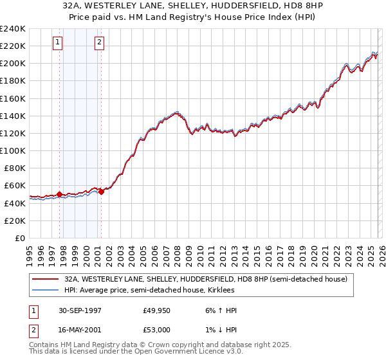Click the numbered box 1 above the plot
click(58, 43)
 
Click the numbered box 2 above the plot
click(100, 43)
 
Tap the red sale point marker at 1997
click(60, 194)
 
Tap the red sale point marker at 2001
click(101, 191)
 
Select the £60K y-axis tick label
click(14, 185)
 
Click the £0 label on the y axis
click(20, 238)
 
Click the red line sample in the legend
click(46, 280)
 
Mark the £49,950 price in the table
click(157, 311)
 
